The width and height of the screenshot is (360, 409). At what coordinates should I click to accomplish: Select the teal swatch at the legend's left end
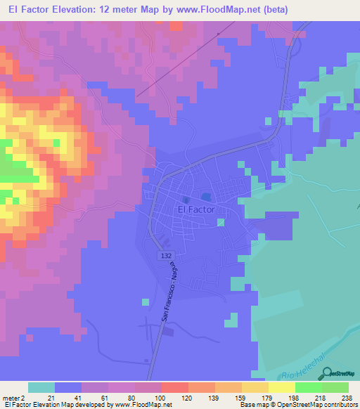point(41,387)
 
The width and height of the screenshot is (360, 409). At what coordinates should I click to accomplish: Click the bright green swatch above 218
point(308,387)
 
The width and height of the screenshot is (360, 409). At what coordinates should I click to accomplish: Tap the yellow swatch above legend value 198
point(281,387)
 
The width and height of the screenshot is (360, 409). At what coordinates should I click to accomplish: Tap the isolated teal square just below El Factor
point(221,223)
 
